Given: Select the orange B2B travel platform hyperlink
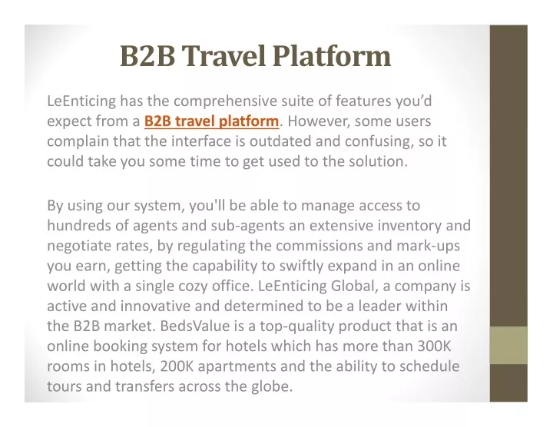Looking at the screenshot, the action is [212, 121].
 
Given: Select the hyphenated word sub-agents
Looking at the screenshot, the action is [247, 226].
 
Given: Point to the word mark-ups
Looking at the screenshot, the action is [428, 247].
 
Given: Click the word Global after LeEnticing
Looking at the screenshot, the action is [353, 286].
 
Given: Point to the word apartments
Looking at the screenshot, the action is [237, 367].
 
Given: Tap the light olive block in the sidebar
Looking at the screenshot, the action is [508, 345].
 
